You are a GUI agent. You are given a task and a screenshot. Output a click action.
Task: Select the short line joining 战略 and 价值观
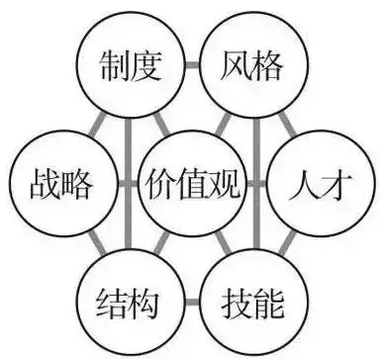pos(126,184)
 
